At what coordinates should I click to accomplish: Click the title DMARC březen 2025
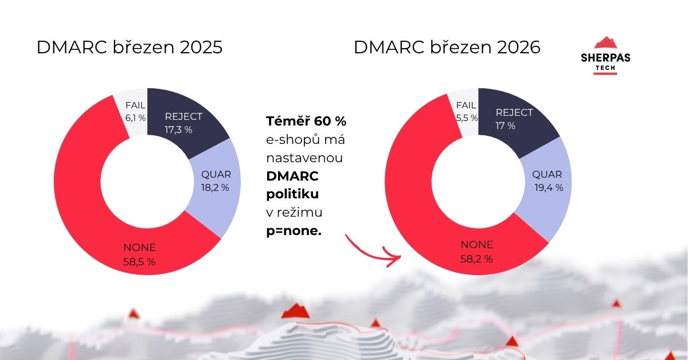pyautogui.click(x=129, y=48)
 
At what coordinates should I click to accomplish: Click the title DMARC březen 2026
pyautogui.click(x=447, y=48)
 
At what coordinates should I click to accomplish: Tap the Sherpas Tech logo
pyautogui.click(x=609, y=56)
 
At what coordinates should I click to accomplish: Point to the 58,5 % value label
pyautogui.click(x=139, y=262)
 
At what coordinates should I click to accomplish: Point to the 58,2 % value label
pyautogui.click(x=476, y=259)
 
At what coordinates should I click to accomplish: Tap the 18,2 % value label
pyautogui.click(x=215, y=188)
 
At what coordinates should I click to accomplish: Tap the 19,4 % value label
pyautogui.click(x=548, y=187)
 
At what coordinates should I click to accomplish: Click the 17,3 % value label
pyautogui.click(x=178, y=130)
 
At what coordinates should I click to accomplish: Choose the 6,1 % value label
pyautogui.click(x=135, y=118)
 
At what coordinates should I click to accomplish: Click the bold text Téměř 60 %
pyautogui.click(x=306, y=122)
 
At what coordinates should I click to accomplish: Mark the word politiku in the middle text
pyautogui.click(x=292, y=194)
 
